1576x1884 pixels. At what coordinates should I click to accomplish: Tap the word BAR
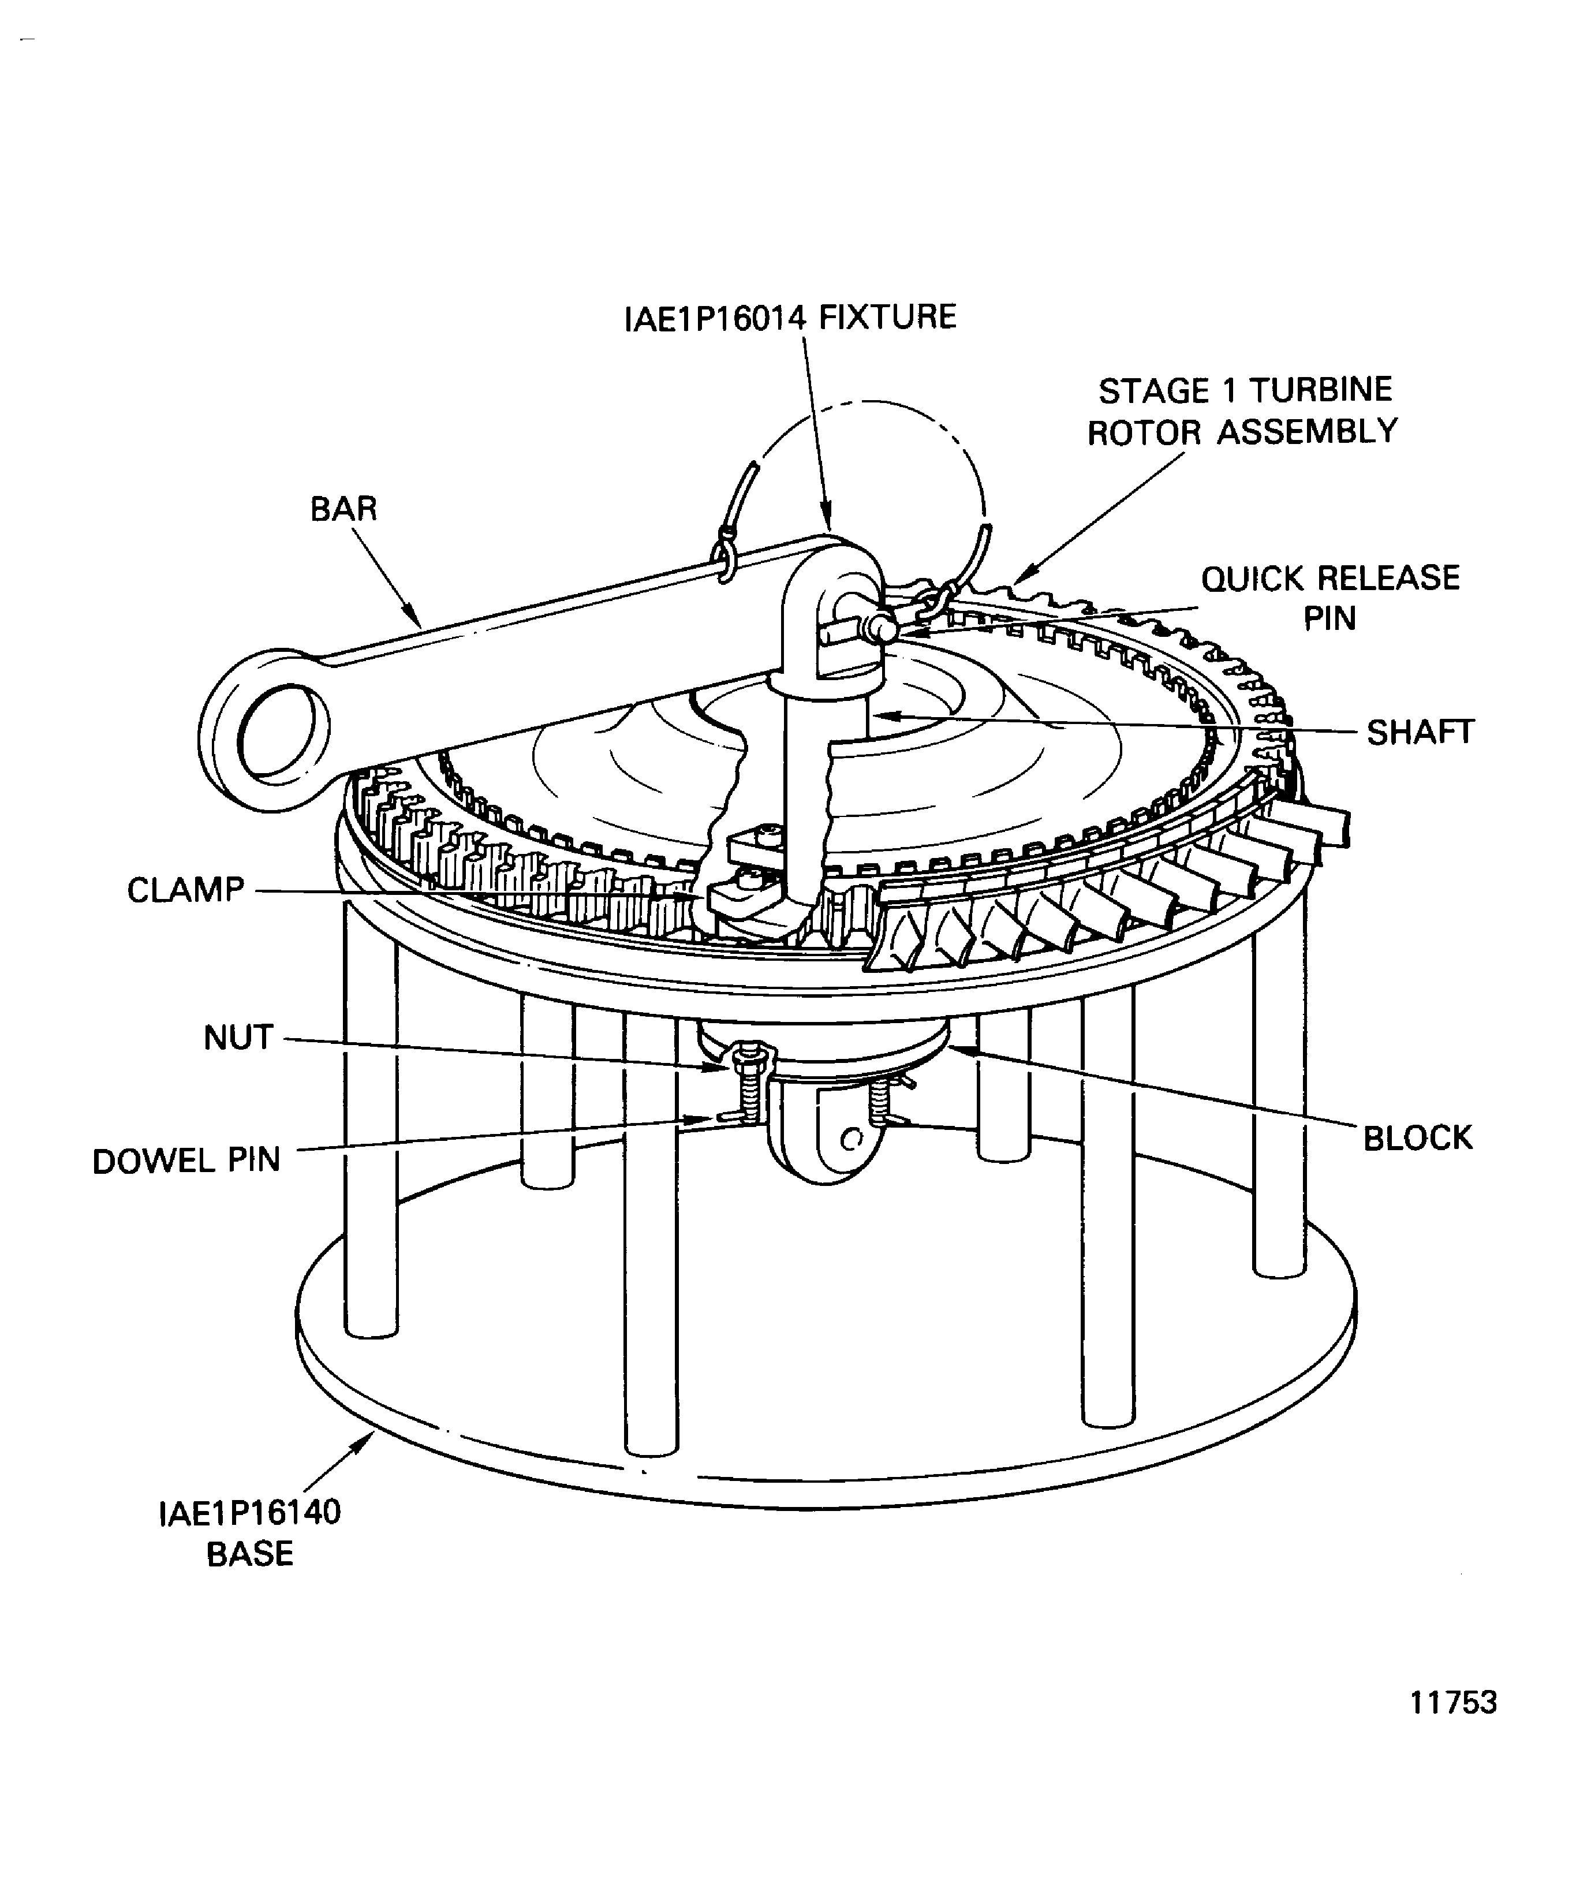click(343, 509)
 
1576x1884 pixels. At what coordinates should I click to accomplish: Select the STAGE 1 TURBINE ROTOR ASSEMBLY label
click(1243, 412)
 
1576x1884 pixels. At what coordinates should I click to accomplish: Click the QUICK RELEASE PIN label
click(1330, 598)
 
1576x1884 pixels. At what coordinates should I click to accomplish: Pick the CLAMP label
click(186, 890)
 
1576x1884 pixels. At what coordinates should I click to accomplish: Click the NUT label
click(238, 1037)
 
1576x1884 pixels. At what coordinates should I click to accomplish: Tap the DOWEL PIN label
click(186, 1160)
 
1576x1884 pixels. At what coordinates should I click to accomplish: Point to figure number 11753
click(1453, 1702)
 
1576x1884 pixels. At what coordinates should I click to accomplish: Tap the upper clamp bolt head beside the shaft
click(770, 835)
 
